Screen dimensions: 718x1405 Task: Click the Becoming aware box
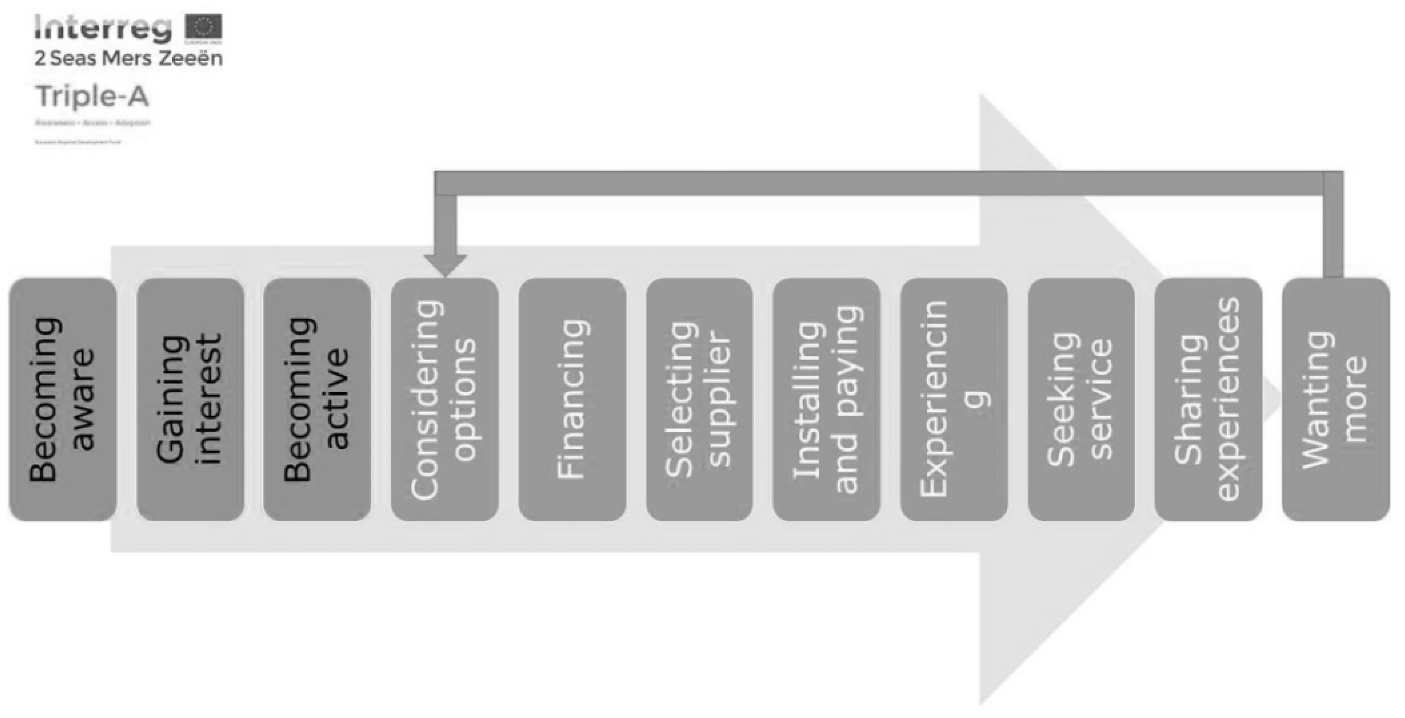coord(63,399)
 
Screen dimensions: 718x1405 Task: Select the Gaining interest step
coord(190,399)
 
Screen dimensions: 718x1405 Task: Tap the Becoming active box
coord(317,399)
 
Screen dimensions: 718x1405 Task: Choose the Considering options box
coord(445,399)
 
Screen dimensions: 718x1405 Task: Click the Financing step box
coord(572,399)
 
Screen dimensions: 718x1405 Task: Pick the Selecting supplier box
coord(699,399)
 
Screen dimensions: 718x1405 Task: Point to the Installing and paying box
coord(826,399)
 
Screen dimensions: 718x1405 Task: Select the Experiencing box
coord(954,399)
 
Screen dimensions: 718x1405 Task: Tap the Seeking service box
coord(1081,399)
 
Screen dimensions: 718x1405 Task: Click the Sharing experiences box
coord(1208,399)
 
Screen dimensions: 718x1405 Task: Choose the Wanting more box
coord(1336,399)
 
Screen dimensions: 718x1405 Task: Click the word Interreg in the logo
coord(103,28)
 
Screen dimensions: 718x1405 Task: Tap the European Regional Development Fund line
coord(77,142)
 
